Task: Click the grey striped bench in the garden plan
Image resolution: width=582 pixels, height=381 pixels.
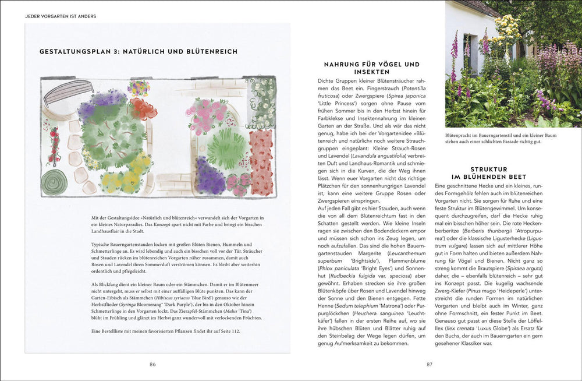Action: pos(69,91)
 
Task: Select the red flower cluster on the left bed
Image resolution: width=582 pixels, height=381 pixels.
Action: pos(143,108)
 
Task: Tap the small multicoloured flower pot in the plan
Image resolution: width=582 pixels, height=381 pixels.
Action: pos(139,88)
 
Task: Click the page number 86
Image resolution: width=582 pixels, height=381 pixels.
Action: pos(152,365)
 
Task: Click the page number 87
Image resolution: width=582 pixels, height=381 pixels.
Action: pos(430,365)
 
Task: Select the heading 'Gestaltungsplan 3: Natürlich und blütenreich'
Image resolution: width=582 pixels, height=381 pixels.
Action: pos(139,51)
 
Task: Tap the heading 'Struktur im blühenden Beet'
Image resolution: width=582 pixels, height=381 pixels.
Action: pos(488,172)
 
